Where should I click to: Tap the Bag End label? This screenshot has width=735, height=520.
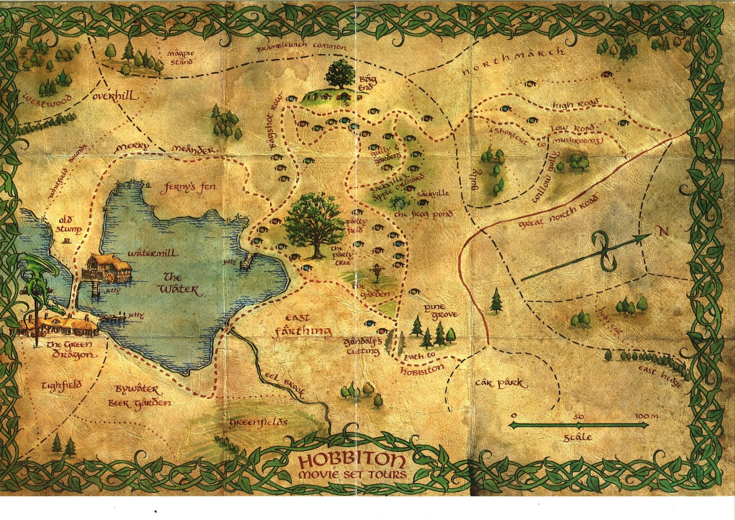coord(368,84)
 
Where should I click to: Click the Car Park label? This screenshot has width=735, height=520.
coord(502,383)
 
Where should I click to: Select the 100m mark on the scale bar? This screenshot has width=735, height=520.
coord(646,416)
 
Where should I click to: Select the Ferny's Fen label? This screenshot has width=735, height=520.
coord(187,188)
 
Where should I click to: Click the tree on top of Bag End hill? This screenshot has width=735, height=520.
coord(340,74)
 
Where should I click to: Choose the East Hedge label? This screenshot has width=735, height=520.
coord(660,376)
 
